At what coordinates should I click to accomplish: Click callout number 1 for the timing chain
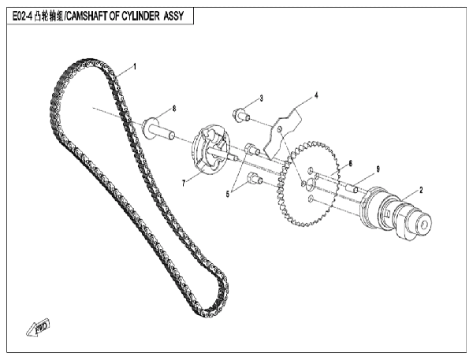135,66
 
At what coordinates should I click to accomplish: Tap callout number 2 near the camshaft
421,190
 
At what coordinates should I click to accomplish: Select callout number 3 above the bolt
261,98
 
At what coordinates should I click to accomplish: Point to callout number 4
316,95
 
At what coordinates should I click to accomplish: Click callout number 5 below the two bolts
228,195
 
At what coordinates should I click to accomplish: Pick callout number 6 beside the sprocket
350,163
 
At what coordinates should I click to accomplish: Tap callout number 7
184,184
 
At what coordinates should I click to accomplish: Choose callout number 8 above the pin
174,109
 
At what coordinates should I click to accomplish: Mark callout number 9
378,169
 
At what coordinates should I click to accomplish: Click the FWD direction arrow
38,328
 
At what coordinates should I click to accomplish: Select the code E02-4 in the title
22,16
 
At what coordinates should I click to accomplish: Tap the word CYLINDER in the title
140,16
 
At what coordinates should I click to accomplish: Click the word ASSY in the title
173,16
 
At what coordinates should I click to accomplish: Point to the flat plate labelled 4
282,132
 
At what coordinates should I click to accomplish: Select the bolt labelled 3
241,115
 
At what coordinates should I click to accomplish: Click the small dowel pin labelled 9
352,188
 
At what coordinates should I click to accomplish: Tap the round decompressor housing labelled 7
210,152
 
